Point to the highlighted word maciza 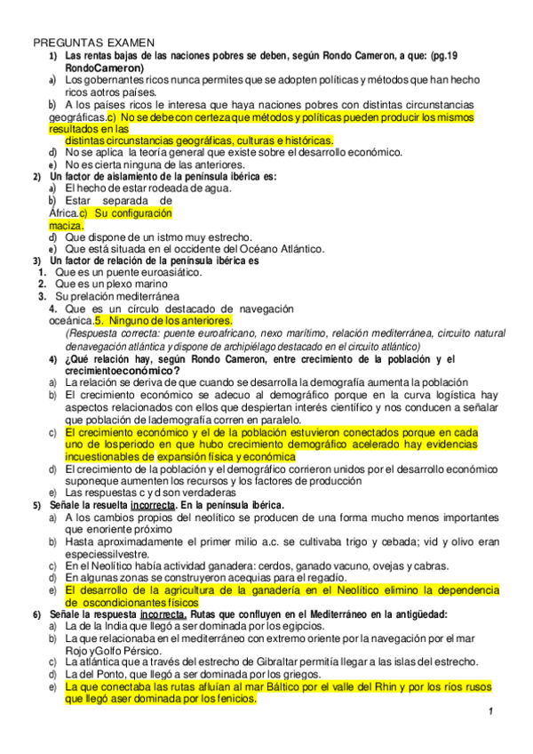(x=66, y=226)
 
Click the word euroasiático (x=169, y=272)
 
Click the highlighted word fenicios (x=231, y=699)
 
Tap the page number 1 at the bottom (x=490, y=714)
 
